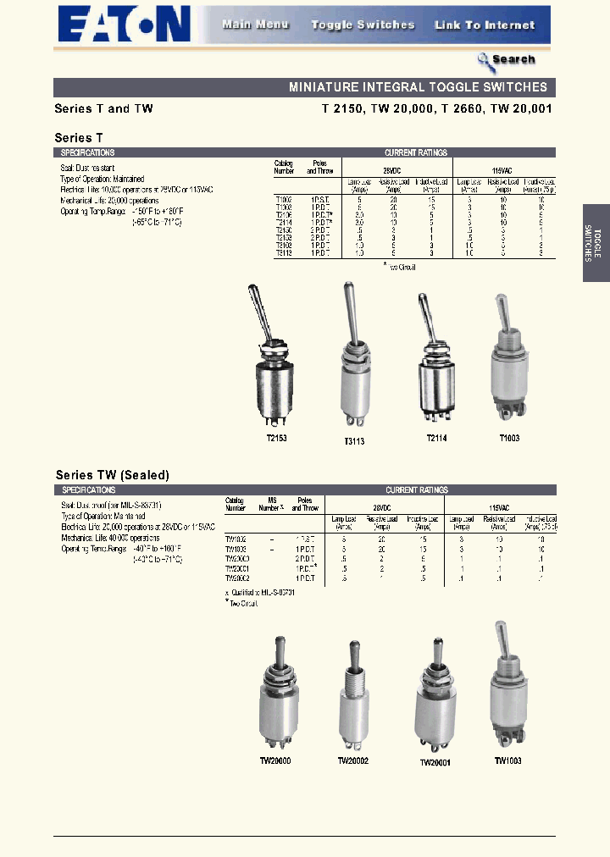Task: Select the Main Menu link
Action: pos(255,25)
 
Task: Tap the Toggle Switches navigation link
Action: pos(363,25)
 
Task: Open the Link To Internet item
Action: pos(485,25)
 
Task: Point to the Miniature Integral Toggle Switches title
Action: pos(418,87)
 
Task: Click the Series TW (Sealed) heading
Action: pos(113,475)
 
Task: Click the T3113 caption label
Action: pos(355,441)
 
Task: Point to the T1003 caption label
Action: pos(508,438)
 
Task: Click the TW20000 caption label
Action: pos(275,760)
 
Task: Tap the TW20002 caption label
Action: pos(353,760)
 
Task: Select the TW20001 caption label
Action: pos(435,762)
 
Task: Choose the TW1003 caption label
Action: pos(507,760)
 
